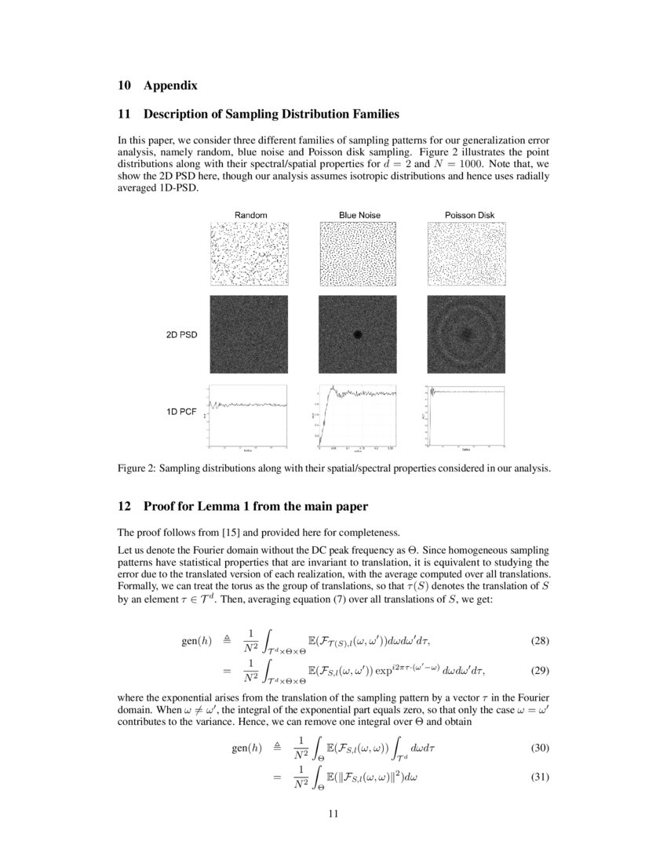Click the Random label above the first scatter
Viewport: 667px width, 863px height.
click(250, 215)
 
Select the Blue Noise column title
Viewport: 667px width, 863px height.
click(358, 215)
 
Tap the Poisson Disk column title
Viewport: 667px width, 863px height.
click(465, 215)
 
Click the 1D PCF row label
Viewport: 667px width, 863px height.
click(181, 411)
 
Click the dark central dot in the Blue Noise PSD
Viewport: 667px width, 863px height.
click(358, 333)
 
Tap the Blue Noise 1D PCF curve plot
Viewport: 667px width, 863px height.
click(358, 416)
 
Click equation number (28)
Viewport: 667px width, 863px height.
click(540, 641)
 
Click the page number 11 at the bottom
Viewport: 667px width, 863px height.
click(333, 814)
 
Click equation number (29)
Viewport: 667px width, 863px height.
click(540, 671)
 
